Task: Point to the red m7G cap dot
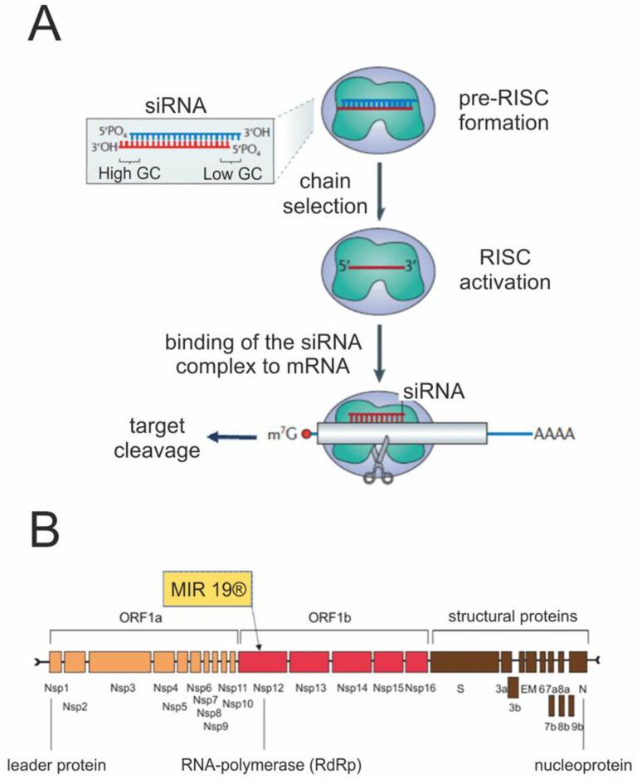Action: [307, 434]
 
